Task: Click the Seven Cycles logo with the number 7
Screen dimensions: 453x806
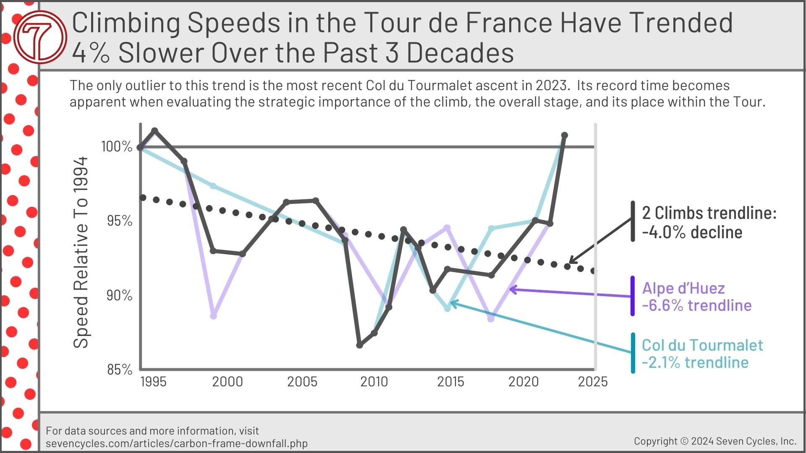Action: (x=40, y=37)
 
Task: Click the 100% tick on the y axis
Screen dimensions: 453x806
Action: (x=117, y=146)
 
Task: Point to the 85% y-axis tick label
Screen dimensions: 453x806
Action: (x=120, y=370)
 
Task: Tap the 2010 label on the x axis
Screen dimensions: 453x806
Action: (x=374, y=382)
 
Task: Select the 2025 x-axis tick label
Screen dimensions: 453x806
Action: (x=592, y=382)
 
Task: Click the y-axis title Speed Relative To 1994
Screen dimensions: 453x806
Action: (x=81, y=253)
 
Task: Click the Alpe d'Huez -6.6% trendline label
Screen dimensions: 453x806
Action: (x=696, y=297)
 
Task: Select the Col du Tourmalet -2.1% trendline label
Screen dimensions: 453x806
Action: (x=702, y=354)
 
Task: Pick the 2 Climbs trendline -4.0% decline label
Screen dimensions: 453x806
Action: (x=709, y=222)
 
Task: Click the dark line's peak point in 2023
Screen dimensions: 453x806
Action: (x=565, y=135)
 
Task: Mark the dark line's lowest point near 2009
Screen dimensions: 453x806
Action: (x=359, y=345)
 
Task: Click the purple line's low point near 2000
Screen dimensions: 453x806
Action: (x=213, y=315)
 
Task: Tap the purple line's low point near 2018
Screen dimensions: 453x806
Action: (x=491, y=318)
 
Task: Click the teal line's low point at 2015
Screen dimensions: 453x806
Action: (x=447, y=308)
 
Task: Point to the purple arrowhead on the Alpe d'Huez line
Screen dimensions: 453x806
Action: (x=512, y=289)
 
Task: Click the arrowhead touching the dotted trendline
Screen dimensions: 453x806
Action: (x=571, y=261)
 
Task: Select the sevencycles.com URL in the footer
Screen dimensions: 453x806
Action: (x=176, y=443)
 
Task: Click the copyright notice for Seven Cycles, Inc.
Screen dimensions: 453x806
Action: (x=715, y=441)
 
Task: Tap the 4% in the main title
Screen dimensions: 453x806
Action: (x=91, y=53)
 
